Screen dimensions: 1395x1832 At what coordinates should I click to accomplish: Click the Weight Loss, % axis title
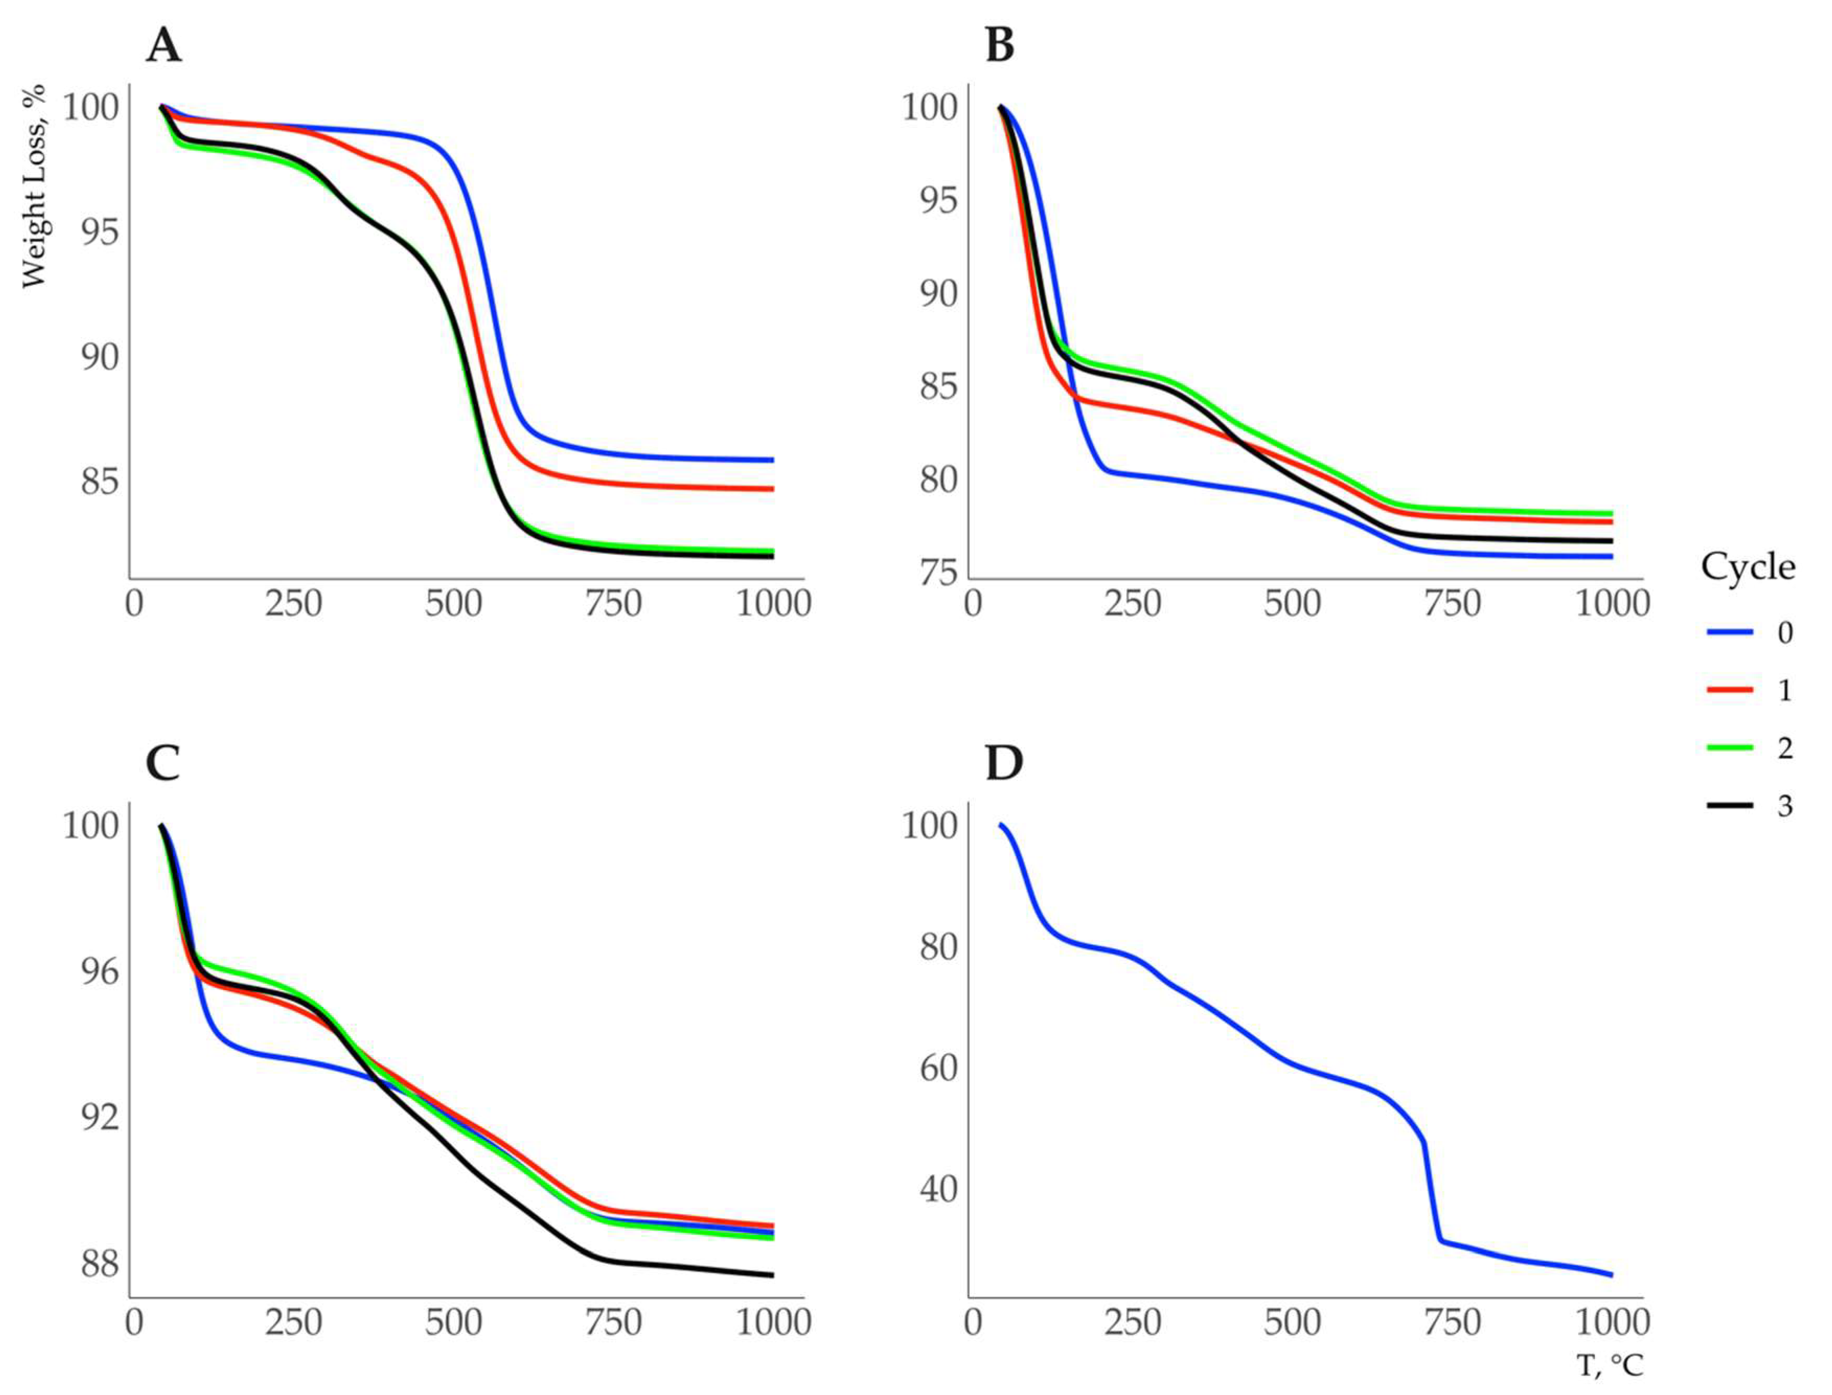(x=33, y=186)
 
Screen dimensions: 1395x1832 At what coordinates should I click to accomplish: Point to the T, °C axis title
(x=1609, y=1364)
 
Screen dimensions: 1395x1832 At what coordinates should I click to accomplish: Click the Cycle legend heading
(x=1747, y=567)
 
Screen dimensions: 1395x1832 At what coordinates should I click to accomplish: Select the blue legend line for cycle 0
(x=1730, y=633)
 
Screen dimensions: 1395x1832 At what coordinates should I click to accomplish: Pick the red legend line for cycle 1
(x=1730, y=690)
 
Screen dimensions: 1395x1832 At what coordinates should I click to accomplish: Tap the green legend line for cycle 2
(x=1730, y=747)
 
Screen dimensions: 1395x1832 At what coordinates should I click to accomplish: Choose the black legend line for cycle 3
(x=1730, y=804)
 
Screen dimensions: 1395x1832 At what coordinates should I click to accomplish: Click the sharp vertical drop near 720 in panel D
(x=1431, y=1196)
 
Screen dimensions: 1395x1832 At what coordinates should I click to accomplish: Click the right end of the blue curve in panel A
(x=772, y=459)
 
